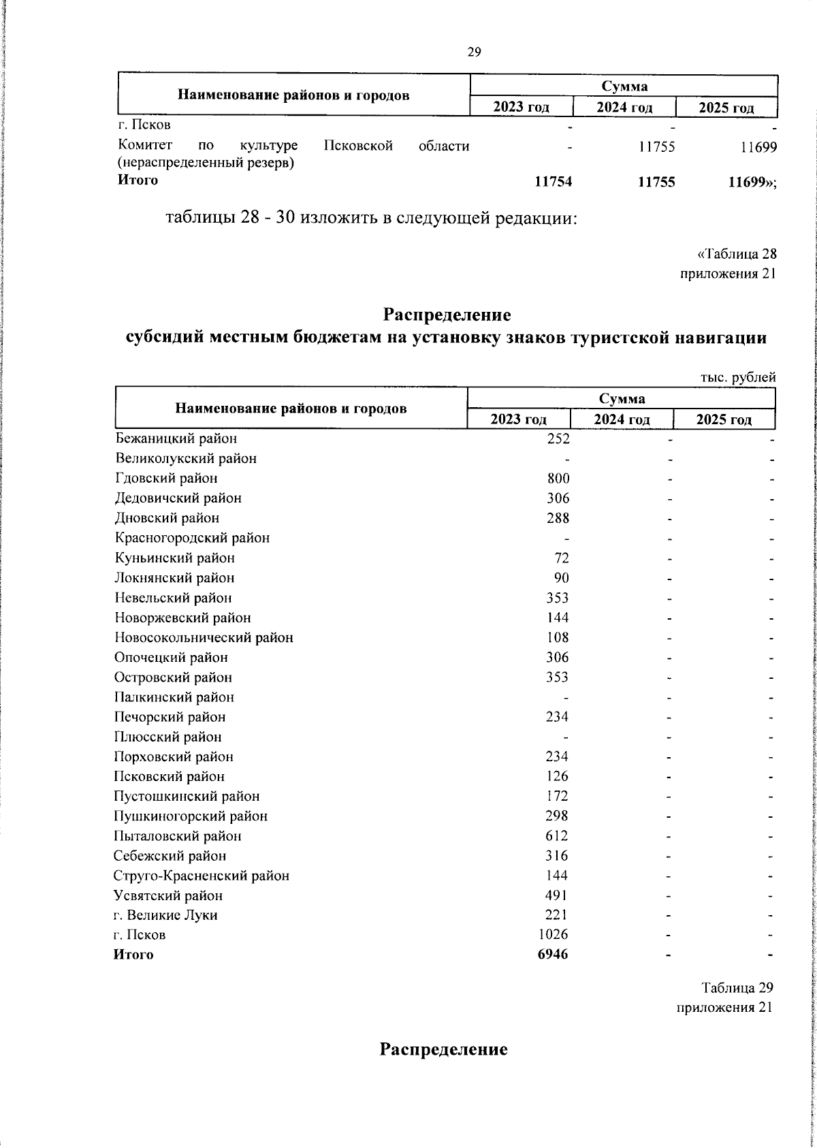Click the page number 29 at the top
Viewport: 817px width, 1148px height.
(475, 52)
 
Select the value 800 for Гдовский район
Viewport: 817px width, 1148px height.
(558, 478)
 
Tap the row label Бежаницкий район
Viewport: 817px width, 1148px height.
(176, 439)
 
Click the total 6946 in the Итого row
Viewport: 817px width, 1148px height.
(553, 954)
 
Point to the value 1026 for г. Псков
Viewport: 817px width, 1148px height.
(552, 934)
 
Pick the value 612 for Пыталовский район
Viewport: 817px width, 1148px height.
(558, 835)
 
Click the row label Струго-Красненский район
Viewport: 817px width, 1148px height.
(202, 875)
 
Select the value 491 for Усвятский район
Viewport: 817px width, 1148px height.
(558, 895)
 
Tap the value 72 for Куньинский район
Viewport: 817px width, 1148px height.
(562, 558)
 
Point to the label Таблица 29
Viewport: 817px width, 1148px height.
(737, 987)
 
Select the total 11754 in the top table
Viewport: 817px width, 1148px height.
(553, 181)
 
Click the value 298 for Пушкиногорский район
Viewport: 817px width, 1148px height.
(558, 816)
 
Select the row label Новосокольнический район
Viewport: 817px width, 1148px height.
(204, 637)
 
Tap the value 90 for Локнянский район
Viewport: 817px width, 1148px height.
(562, 577)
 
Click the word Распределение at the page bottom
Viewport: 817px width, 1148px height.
(444, 1049)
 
